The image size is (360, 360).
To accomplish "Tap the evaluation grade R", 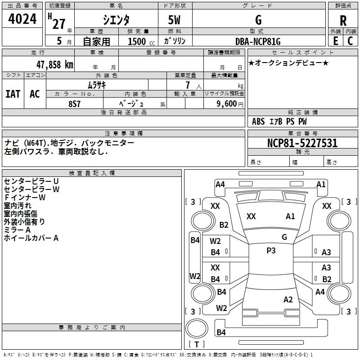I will tap(343, 21).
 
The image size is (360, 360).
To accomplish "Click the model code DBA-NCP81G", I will tap(258, 41).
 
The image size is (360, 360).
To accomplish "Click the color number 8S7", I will tap(75, 103).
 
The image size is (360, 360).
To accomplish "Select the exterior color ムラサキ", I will tap(97, 85).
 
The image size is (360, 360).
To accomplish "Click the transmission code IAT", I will tap(13, 94).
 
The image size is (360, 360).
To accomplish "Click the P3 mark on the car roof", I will tap(271, 251).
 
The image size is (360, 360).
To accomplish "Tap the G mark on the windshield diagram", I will tap(284, 237).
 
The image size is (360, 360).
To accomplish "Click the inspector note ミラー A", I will tap(17, 229).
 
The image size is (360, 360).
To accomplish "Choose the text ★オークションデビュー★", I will tap(288, 63).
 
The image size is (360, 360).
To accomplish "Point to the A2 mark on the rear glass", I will tap(288, 300).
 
